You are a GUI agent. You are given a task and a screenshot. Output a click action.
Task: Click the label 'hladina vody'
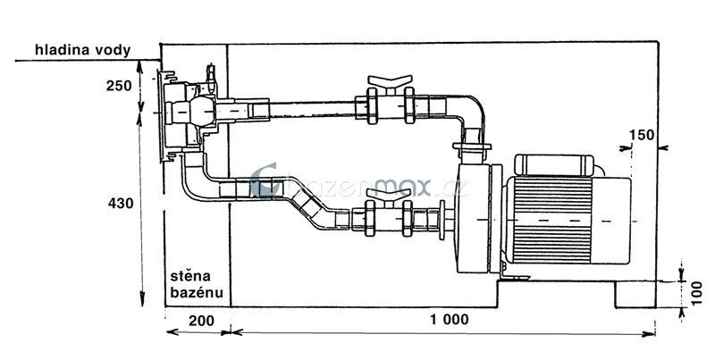coord(78,50)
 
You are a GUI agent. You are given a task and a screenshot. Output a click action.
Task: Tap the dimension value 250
coord(117,87)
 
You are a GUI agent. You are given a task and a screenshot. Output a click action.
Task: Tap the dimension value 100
coord(697,291)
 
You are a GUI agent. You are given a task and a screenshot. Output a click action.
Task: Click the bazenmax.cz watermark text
coord(357,186)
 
